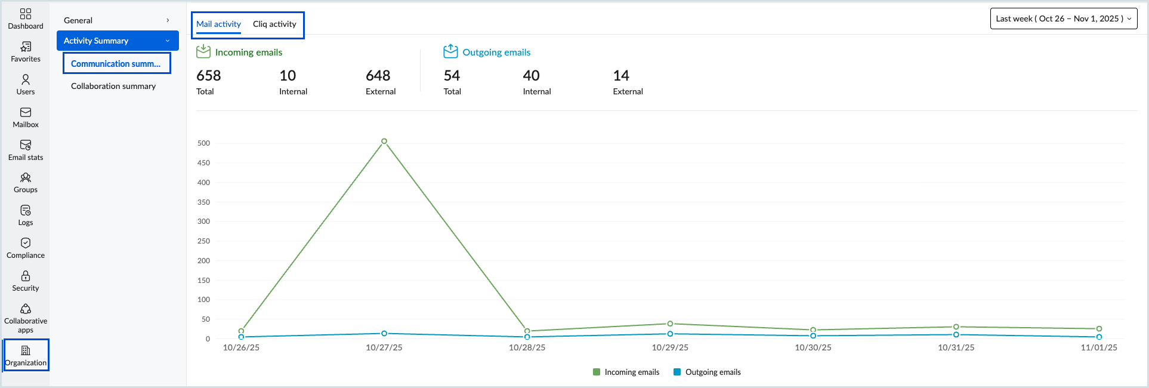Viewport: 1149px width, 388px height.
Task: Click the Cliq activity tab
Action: point(274,24)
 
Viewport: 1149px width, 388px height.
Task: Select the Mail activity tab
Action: point(218,24)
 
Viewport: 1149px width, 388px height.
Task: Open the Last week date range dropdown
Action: point(1063,19)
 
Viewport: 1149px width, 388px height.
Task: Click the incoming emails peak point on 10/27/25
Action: point(384,141)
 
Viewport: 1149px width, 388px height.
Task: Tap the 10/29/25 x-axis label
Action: point(670,347)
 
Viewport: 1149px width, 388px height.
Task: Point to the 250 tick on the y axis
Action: point(203,241)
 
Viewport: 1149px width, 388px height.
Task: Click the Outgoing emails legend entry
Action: point(707,372)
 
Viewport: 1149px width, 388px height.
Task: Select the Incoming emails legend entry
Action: point(626,372)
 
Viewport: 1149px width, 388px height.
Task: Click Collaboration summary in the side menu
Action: point(113,86)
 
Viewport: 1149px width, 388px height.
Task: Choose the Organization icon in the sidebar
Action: point(26,350)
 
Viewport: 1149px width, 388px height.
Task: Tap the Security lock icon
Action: point(26,276)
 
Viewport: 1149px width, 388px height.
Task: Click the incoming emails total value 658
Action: point(209,76)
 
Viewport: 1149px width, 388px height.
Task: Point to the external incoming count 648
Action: point(378,76)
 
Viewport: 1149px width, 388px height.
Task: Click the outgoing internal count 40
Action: point(531,76)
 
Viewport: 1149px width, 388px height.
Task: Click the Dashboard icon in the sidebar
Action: point(26,14)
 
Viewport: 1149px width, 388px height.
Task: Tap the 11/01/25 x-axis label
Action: point(1099,347)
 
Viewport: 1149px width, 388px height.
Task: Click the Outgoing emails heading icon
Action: point(450,51)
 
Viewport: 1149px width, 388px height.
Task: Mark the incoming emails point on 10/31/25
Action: point(956,327)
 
